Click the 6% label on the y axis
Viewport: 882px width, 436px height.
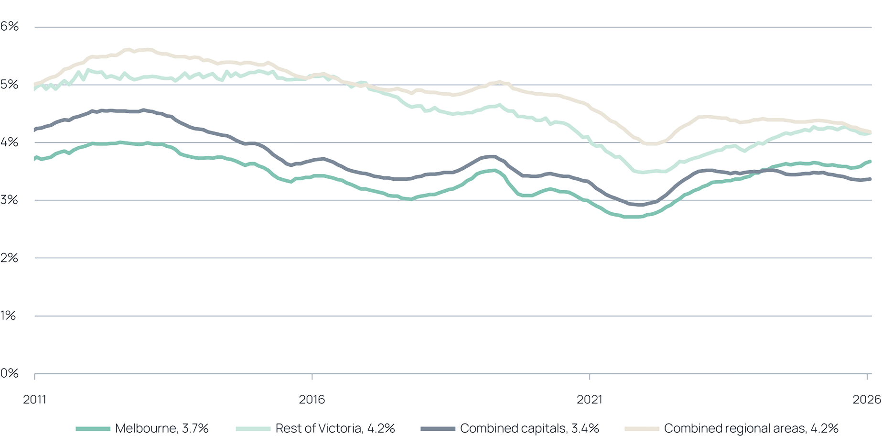pyautogui.click(x=10, y=27)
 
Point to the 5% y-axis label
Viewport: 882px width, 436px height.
pyautogui.click(x=10, y=85)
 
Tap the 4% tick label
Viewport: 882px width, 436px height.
pyautogui.click(x=10, y=142)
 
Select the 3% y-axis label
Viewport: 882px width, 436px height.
pyautogui.click(x=10, y=200)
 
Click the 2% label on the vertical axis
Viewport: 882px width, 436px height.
pyautogui.click(x=10, y=258)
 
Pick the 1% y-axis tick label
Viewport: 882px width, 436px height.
pyautogui.click(x=10, y=316)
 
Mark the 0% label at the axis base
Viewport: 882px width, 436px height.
pyautogui.click(x=10, y=373)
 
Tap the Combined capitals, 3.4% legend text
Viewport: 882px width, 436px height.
pyautogui.click(x=529, y=428)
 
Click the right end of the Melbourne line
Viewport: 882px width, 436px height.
pyautogui.click(x=871, y=161)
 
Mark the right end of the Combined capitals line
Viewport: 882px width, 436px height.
pyautogui.click(x=871, y=179)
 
